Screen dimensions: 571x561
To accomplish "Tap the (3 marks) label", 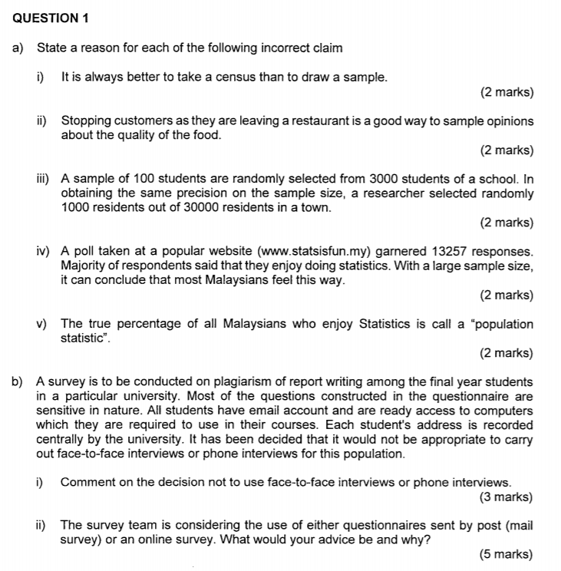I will click(x=505, y=497).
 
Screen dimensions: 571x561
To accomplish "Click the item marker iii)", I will click(x=44, y=180).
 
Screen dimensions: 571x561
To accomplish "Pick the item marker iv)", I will click(x=44, y=252).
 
